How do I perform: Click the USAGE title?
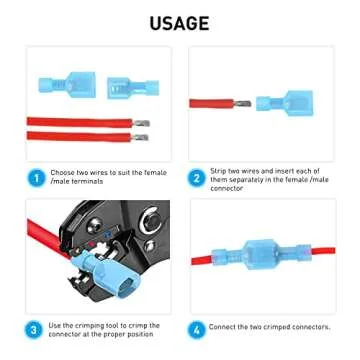tap(179, 23)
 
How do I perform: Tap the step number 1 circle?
tap(36, 178)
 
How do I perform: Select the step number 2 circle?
tap(196, 178)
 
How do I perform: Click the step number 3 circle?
tap(34, 330)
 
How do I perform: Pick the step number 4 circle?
tap(196, 330)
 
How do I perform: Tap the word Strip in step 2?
tap(218, 171)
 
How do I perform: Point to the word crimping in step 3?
tap(85, 326)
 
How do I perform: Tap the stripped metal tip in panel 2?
tap(242, 104)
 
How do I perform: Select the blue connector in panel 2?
tap(284, 102)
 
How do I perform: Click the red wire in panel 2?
tap(212, 103)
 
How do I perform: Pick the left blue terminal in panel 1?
tap(67, 84)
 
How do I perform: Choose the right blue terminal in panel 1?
tap(133, 87)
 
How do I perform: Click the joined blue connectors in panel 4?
tap(261, 254)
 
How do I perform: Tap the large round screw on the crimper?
tap(151, 219)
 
